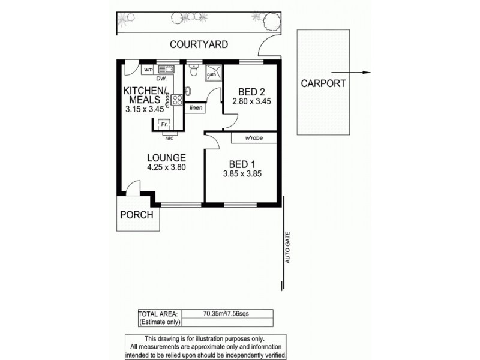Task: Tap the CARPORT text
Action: click(323, 83)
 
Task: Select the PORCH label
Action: click(137, 215)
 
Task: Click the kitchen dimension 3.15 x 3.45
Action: click(145, 110)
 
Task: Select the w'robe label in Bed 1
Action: click(254, 139)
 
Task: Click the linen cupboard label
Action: click(196, 108)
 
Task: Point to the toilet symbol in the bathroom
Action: click(192, 71)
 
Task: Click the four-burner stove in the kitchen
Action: click(178, 100)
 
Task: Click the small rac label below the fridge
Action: click(169, 139)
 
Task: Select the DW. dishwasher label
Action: click(161, 79)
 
